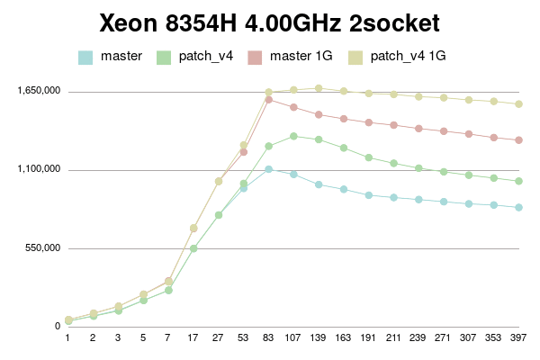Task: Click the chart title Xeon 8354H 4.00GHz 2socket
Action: [270, 22]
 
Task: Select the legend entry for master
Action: [121, 56]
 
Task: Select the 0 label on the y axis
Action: [57, 326]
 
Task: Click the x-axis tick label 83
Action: [269, 339]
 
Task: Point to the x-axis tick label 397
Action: [518, 339]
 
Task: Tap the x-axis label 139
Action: [319, 339]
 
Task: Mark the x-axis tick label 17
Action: [193, 339]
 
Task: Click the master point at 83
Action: [269, 169]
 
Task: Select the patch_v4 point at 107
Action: [293, 136]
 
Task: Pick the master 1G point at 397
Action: [518, 139]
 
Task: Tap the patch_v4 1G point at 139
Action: [319, 88]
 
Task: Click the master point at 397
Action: [518, 207]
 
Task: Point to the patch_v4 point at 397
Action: [518, 181]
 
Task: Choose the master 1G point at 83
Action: [269, 99]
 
